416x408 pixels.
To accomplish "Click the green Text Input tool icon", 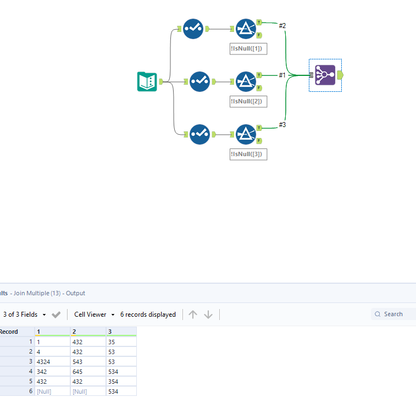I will (147, 82).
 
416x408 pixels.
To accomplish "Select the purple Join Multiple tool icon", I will (325, 75).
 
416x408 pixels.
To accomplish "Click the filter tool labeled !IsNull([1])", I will (246, 29).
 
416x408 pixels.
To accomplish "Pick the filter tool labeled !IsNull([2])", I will (246, 81).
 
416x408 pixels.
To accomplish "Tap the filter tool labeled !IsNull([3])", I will (246, 135).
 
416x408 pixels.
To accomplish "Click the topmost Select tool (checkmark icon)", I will (193, 29).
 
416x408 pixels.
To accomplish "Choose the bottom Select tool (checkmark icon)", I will (199, 135).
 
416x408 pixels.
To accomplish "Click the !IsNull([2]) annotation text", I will (248, 101).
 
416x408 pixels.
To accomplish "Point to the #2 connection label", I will (282, 25).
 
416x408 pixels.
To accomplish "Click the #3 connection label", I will (282, 125).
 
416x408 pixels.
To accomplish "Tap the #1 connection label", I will (282, 75).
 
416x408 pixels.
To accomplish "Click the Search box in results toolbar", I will (396, 314).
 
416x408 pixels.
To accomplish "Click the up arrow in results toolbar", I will (192, 315).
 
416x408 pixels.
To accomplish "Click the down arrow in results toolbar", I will (208, 315).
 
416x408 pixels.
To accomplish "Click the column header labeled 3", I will (121, 332).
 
